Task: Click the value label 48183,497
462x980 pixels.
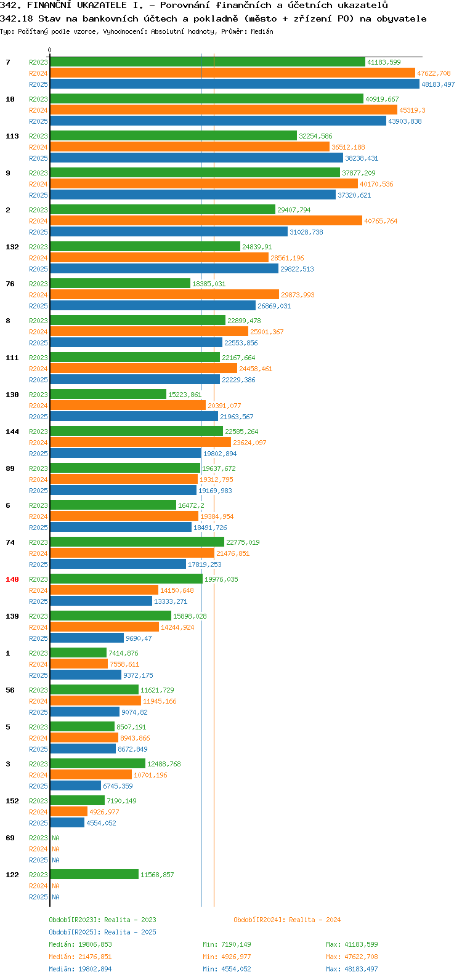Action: pos(438,84)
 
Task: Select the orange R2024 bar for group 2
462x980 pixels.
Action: pos(206,221)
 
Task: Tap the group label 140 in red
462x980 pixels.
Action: pos(12,579)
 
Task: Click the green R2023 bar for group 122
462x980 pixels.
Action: pos(94,875)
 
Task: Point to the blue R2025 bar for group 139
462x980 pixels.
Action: pos(87,638)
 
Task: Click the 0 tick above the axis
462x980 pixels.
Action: pos(49,50)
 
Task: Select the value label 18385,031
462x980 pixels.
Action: pos(209,284)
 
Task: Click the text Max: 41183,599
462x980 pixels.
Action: pos(352,944)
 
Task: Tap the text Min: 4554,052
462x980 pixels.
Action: pos(227,969)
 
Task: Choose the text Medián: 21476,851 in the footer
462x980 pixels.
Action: pos(80,957)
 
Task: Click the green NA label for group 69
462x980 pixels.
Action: pos(55,838)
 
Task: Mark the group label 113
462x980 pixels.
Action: pos(12,136)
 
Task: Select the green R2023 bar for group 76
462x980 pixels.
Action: pos(120,284)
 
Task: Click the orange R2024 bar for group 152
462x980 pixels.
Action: pos(69,811)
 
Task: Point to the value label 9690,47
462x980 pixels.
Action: pos(139,638)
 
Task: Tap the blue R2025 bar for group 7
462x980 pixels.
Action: pos(235,84)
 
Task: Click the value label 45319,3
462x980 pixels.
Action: pos(412,110)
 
